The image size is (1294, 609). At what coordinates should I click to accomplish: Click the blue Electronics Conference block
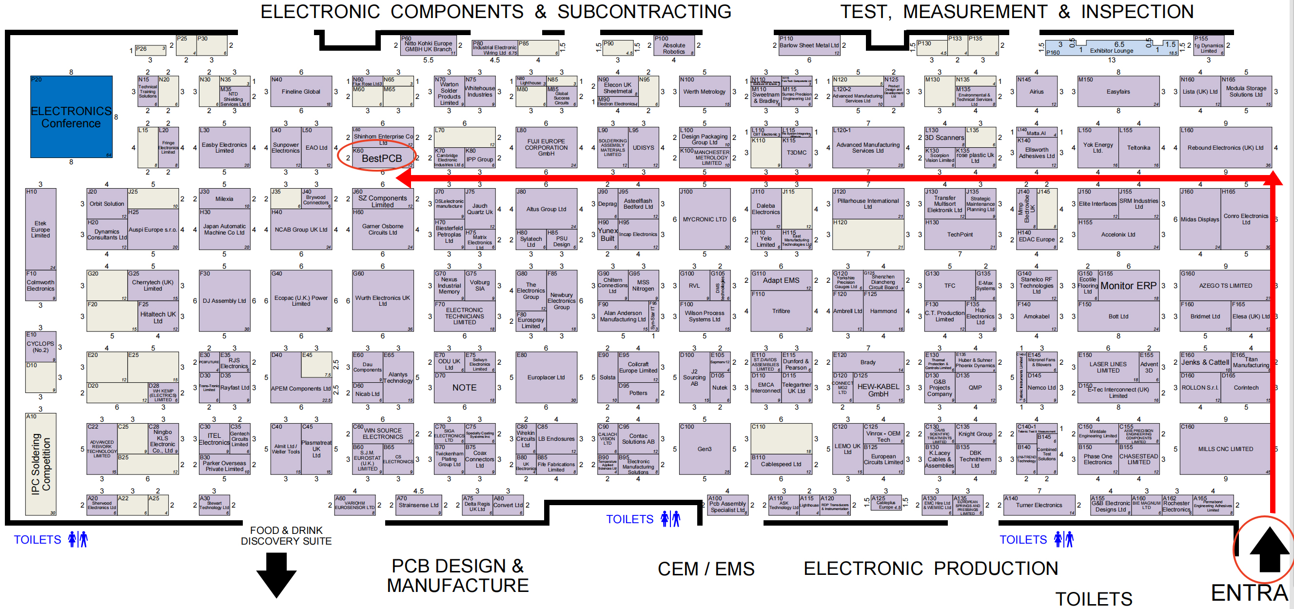click(71, 117)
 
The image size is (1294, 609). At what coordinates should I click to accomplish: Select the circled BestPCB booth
click(381, 158)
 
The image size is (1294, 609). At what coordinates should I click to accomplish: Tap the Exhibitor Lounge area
click(1111, 48)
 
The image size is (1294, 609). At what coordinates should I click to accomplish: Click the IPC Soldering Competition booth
click(40, 464)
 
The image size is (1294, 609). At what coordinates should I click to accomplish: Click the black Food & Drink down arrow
click(276, 574)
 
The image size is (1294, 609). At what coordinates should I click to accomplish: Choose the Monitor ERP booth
click(1128, 285)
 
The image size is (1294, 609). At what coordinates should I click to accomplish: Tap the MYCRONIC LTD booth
click(704, 219)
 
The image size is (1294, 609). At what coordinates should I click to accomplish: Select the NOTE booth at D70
click(464, 388)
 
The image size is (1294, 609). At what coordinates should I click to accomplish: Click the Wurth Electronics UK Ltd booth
click(382, 300)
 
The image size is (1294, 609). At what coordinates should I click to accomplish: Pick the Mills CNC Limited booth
click(1225, 449)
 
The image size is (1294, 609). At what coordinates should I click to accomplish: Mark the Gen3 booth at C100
click(704, 449)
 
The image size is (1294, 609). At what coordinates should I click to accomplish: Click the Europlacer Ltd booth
click(546, 377)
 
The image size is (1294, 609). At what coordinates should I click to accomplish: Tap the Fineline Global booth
click(301, 92)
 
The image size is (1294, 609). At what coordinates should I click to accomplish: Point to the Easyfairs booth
click(1118, 92)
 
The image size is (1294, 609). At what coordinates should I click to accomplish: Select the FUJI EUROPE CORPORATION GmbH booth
click(546, 148)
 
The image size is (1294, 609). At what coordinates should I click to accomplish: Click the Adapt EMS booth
click(781, 280)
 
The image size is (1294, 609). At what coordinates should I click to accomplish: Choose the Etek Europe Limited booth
click(40, 229)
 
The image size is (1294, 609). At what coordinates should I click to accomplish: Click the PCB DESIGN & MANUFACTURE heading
click(458, 575)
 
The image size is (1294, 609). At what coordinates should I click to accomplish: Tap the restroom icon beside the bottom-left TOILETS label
click(78, 539)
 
